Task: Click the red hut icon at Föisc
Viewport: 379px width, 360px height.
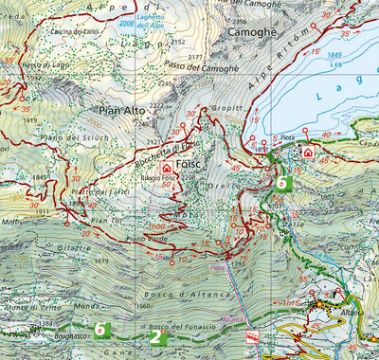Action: click(167, 167)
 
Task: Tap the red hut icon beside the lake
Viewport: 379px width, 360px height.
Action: click(307, 152)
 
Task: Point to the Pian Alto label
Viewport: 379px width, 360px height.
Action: click(118, 111)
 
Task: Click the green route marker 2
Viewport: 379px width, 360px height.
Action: click(154, 335)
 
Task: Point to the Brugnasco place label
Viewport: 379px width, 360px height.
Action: click(70, 335)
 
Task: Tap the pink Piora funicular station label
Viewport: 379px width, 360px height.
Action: click(219, 267)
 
